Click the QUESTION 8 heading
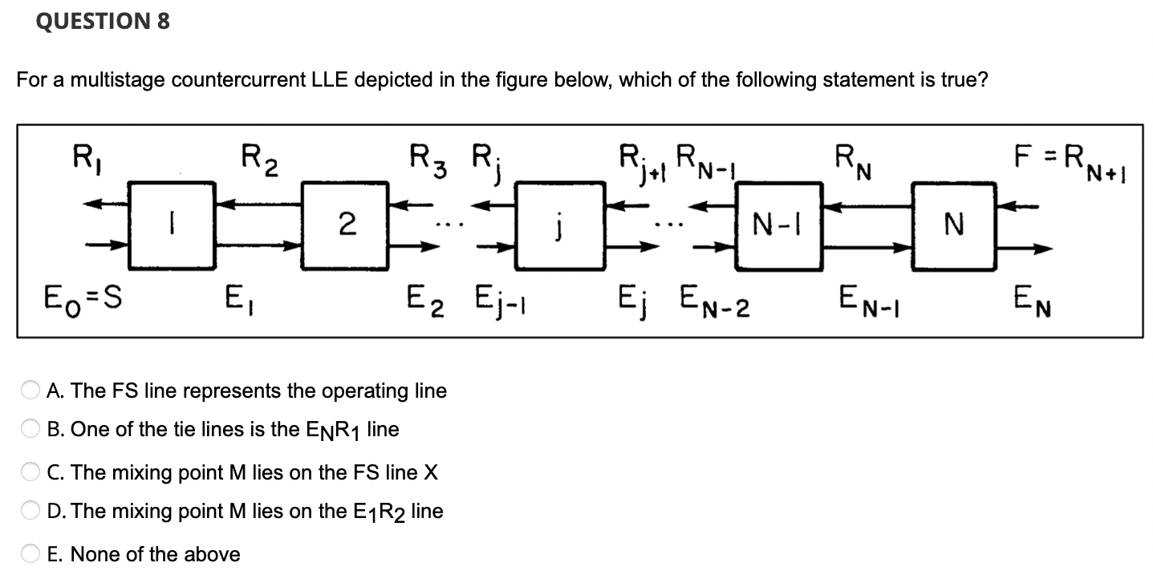click(x=103, y=22)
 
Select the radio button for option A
click(x=30, y=391)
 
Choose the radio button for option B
click(x=30, y=430)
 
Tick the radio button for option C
click(x=30, y=473)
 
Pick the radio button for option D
click(x=30, y=512)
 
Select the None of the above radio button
click(x=30, y=554)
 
